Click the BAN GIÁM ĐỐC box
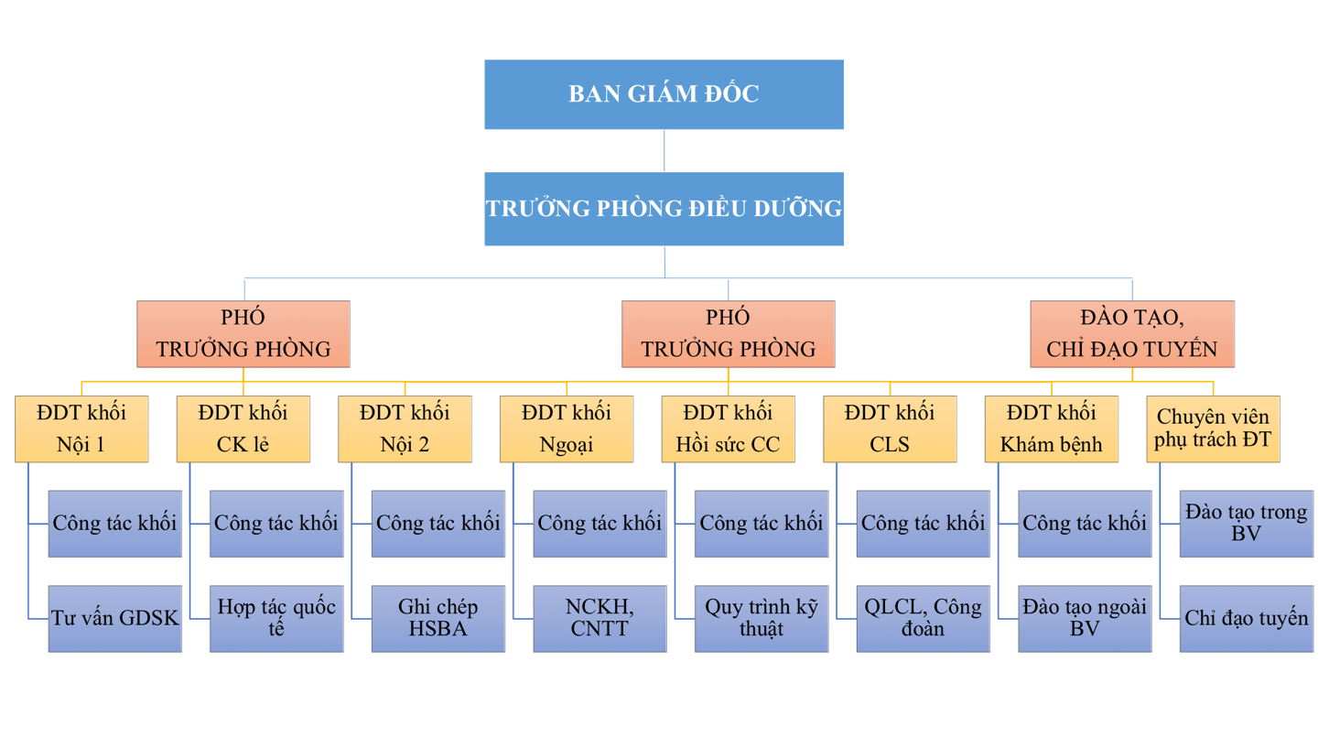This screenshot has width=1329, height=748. [664, 94]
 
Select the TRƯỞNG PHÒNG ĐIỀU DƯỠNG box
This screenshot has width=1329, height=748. [664, 209]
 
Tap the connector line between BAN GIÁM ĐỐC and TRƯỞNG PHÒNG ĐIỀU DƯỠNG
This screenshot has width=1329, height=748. [664, 150]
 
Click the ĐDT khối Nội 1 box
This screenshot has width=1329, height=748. [81, 428]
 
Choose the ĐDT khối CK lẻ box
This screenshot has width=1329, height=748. [243, 428]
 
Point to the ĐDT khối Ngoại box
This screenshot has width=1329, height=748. [567, 428]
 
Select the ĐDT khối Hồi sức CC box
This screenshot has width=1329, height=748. [729, 428]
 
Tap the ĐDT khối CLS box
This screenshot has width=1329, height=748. [891, 428]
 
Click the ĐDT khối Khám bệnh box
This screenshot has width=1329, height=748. [1052, 428]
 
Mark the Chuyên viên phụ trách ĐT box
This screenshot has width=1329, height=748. [1214, 428]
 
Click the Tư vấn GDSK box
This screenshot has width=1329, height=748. [115, 618]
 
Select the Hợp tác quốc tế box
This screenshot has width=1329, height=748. [277, 618]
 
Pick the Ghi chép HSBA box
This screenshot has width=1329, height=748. [438, 618]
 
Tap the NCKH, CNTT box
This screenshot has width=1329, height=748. [600, 618]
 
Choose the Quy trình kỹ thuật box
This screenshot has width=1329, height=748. [762, 618]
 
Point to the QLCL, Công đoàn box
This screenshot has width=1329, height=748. [924, 618]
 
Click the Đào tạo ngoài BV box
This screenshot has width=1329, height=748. [1086, 618]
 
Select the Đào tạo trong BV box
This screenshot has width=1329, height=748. [1247, 523]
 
